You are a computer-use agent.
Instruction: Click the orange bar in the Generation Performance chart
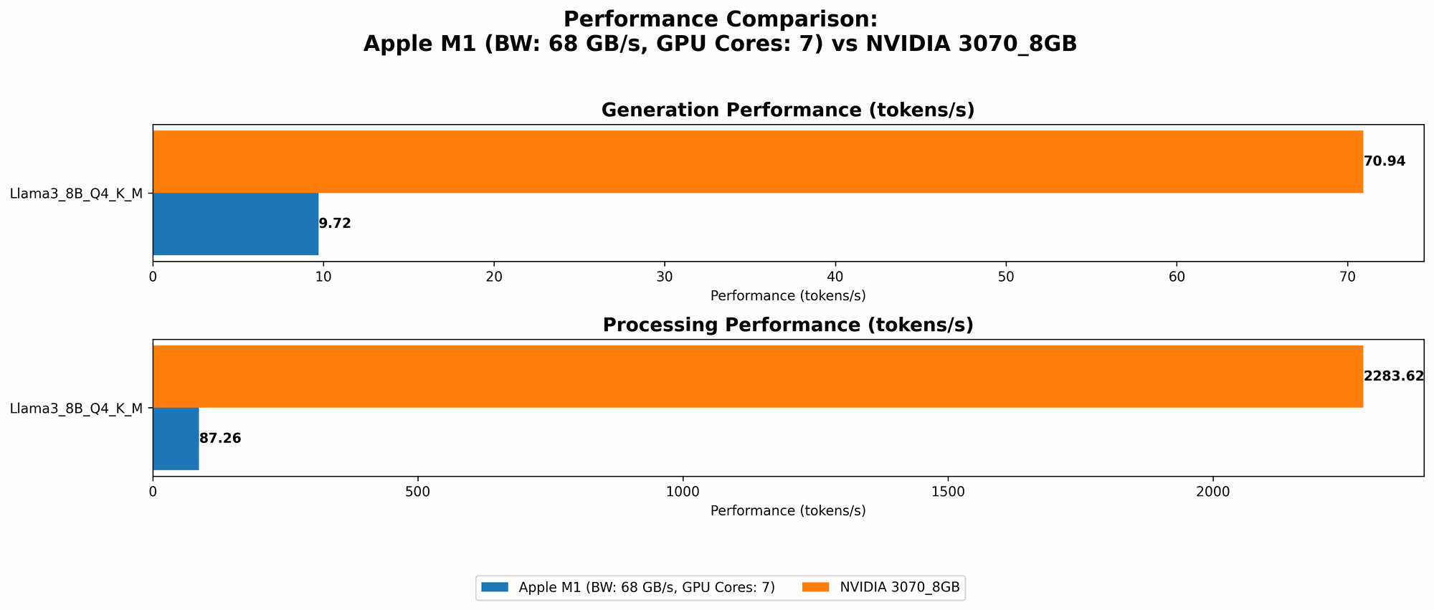point(757,161)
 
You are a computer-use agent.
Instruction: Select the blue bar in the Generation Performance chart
point(235,224)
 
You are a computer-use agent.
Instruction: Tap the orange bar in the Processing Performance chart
point(757,376)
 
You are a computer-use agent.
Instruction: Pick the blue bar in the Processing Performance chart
point(176,439)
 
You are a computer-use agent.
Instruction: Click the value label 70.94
point(1385,161)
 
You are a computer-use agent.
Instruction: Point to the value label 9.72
point(335,224)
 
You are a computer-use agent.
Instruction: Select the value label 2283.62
point(1393,376)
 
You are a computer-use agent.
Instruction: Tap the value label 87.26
point(220,439)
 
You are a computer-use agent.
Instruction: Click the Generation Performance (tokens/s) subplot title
point(787,110)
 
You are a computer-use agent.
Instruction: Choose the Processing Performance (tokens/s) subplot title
point(787,325)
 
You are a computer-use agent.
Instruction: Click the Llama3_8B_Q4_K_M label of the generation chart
point(76,193)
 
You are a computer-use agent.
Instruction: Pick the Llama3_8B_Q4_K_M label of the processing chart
point(76,409)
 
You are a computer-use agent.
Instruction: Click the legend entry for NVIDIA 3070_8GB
point(899,587)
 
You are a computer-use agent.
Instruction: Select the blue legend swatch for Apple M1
point(495,587)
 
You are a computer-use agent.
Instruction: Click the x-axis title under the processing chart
point(787,511)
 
